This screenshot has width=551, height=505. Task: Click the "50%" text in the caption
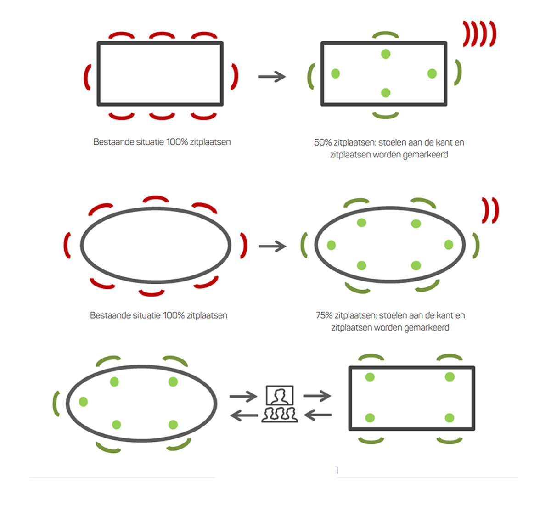tap(323, 142)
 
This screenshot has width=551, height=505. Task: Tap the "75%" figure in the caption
tap(324, 315)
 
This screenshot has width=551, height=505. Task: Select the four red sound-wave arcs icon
tap(479, 34)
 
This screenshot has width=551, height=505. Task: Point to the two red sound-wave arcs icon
tap(490, 210)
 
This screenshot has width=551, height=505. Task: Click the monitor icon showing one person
tap(280, 395)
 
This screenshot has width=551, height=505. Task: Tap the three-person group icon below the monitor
tap(280, 415)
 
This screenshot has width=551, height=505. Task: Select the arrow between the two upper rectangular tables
tap(272, 77)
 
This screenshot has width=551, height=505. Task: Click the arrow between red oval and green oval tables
tap(272, 246)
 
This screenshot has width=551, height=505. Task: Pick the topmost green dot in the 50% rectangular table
tap(386, 54)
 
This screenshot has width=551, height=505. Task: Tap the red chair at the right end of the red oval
tap(244, 245)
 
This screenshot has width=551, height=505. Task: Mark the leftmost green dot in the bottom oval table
tap(83, 401)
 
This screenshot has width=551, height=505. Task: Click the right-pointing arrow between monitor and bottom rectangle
tap(317, 396)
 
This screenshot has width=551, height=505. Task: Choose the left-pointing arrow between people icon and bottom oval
tap(244, 415)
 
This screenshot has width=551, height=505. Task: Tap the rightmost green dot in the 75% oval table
tap(449, 245)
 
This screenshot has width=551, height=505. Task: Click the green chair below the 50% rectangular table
tap(385, 115)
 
